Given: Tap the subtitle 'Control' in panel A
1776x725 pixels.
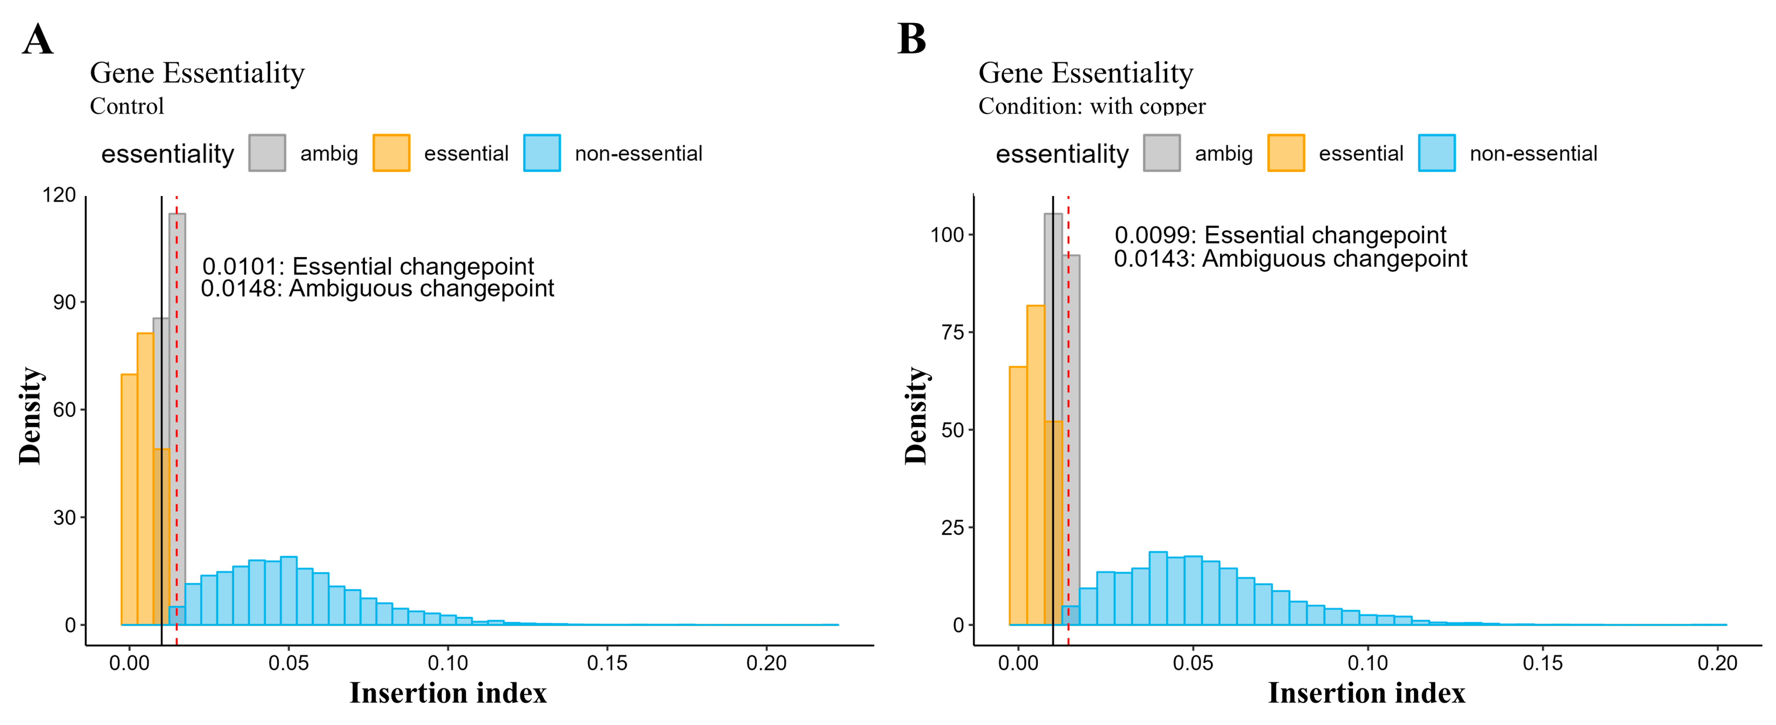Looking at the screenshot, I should pyautogui.click(x=127, y=106).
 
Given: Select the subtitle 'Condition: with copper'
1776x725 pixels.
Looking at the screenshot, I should pyautogui.click(x=1091, y=106).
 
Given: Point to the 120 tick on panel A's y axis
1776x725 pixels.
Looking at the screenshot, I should pyautogui.click(x=59, y=195).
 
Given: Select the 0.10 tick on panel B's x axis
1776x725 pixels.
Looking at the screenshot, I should pyautogui.click(x=1367, y=663).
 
